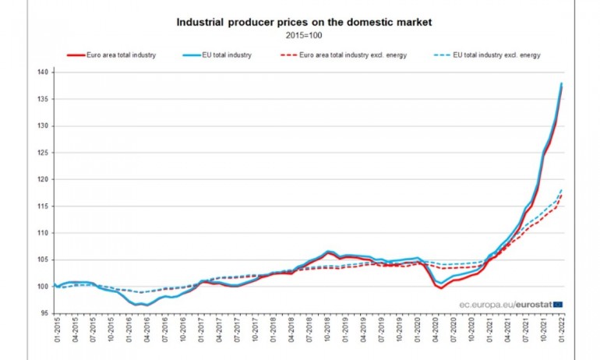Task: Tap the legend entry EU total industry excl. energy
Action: (x=491, y=55)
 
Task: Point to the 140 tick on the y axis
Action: (x=43, y=72)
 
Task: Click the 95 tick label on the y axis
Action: (x=44, y=313)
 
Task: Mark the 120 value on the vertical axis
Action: (x=43, y=179)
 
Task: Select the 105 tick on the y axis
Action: (x=43, y=259)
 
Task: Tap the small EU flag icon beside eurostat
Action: (x=558, y=304)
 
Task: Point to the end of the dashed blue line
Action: (x=562, y=190)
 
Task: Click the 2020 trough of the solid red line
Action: (x=442, y=288)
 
